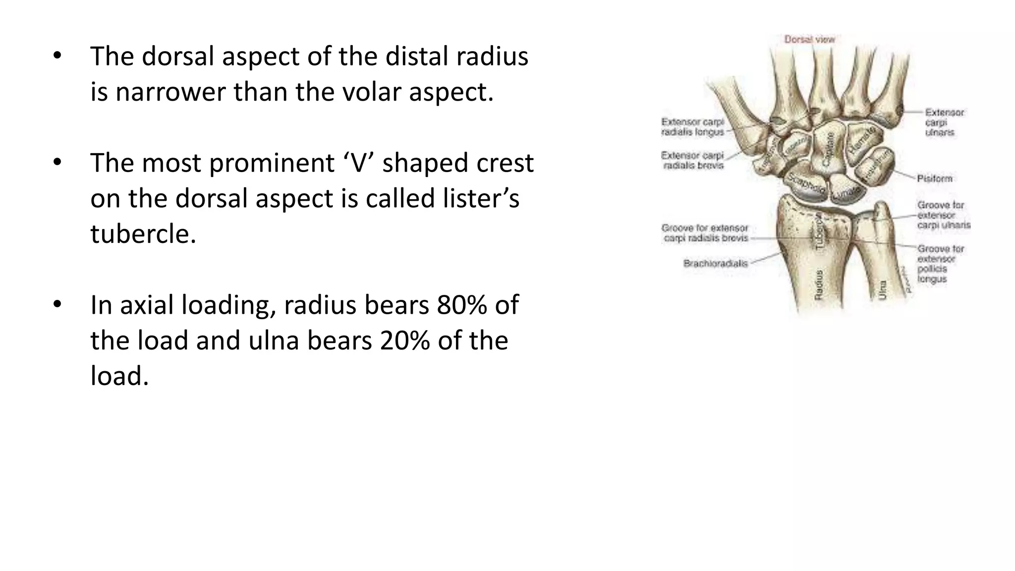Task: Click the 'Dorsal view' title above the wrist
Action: click(x=809, y=39)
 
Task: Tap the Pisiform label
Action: click(x=934, y=178)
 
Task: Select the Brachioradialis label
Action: click(x=715, y=263)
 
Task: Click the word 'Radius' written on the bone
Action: click(x=819, y=285)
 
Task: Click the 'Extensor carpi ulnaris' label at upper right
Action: click(x=944, y=122)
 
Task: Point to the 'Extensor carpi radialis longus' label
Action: click(x=693, y=127)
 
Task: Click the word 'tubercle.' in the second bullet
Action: click(x=143, y=233)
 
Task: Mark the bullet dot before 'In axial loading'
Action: click(x=57, y=304)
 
